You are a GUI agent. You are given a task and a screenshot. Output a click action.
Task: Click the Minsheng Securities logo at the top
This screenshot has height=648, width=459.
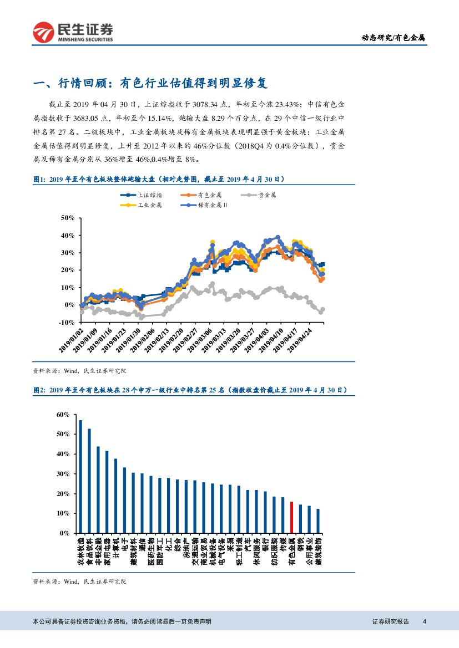click(x=73, y=32)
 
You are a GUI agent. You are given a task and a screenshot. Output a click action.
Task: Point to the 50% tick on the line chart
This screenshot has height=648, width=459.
click(x=67, y=218)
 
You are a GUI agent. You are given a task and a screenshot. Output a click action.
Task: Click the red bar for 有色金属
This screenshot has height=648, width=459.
click(x=291, y=517)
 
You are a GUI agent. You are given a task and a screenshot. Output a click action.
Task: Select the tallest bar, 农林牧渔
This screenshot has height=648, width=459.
click(x=80, y=476)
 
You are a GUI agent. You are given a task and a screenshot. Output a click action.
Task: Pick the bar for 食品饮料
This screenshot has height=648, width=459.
click(x=89, y=481)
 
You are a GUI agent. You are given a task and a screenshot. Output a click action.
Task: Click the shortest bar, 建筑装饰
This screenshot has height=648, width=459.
click(x=318, y=521)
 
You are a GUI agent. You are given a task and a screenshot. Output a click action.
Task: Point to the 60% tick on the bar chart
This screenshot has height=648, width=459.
click(x=62, y=415)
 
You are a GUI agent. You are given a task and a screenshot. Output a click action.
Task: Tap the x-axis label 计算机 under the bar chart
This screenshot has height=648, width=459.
click(x=116, y=548)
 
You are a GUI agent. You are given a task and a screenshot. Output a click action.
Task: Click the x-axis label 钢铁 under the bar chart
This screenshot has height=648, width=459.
click(x=300, y=544)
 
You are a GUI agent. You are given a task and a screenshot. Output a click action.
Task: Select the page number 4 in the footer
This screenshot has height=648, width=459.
click(x=424, y=621)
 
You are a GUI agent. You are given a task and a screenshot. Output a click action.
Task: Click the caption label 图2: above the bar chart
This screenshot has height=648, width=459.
click(x=39, y=390)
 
